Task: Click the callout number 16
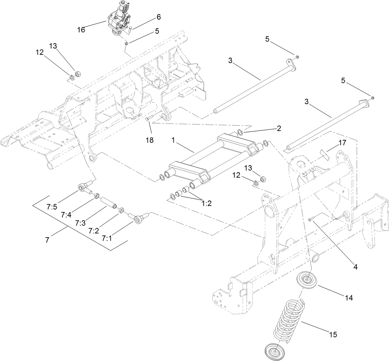coord(81,30)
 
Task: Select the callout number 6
coord(158,17)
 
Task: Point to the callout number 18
coord(149,140)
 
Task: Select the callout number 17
coord(342,143)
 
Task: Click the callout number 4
coord(355,266)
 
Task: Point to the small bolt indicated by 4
coord(311,219)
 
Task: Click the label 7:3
coord(81,223)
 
